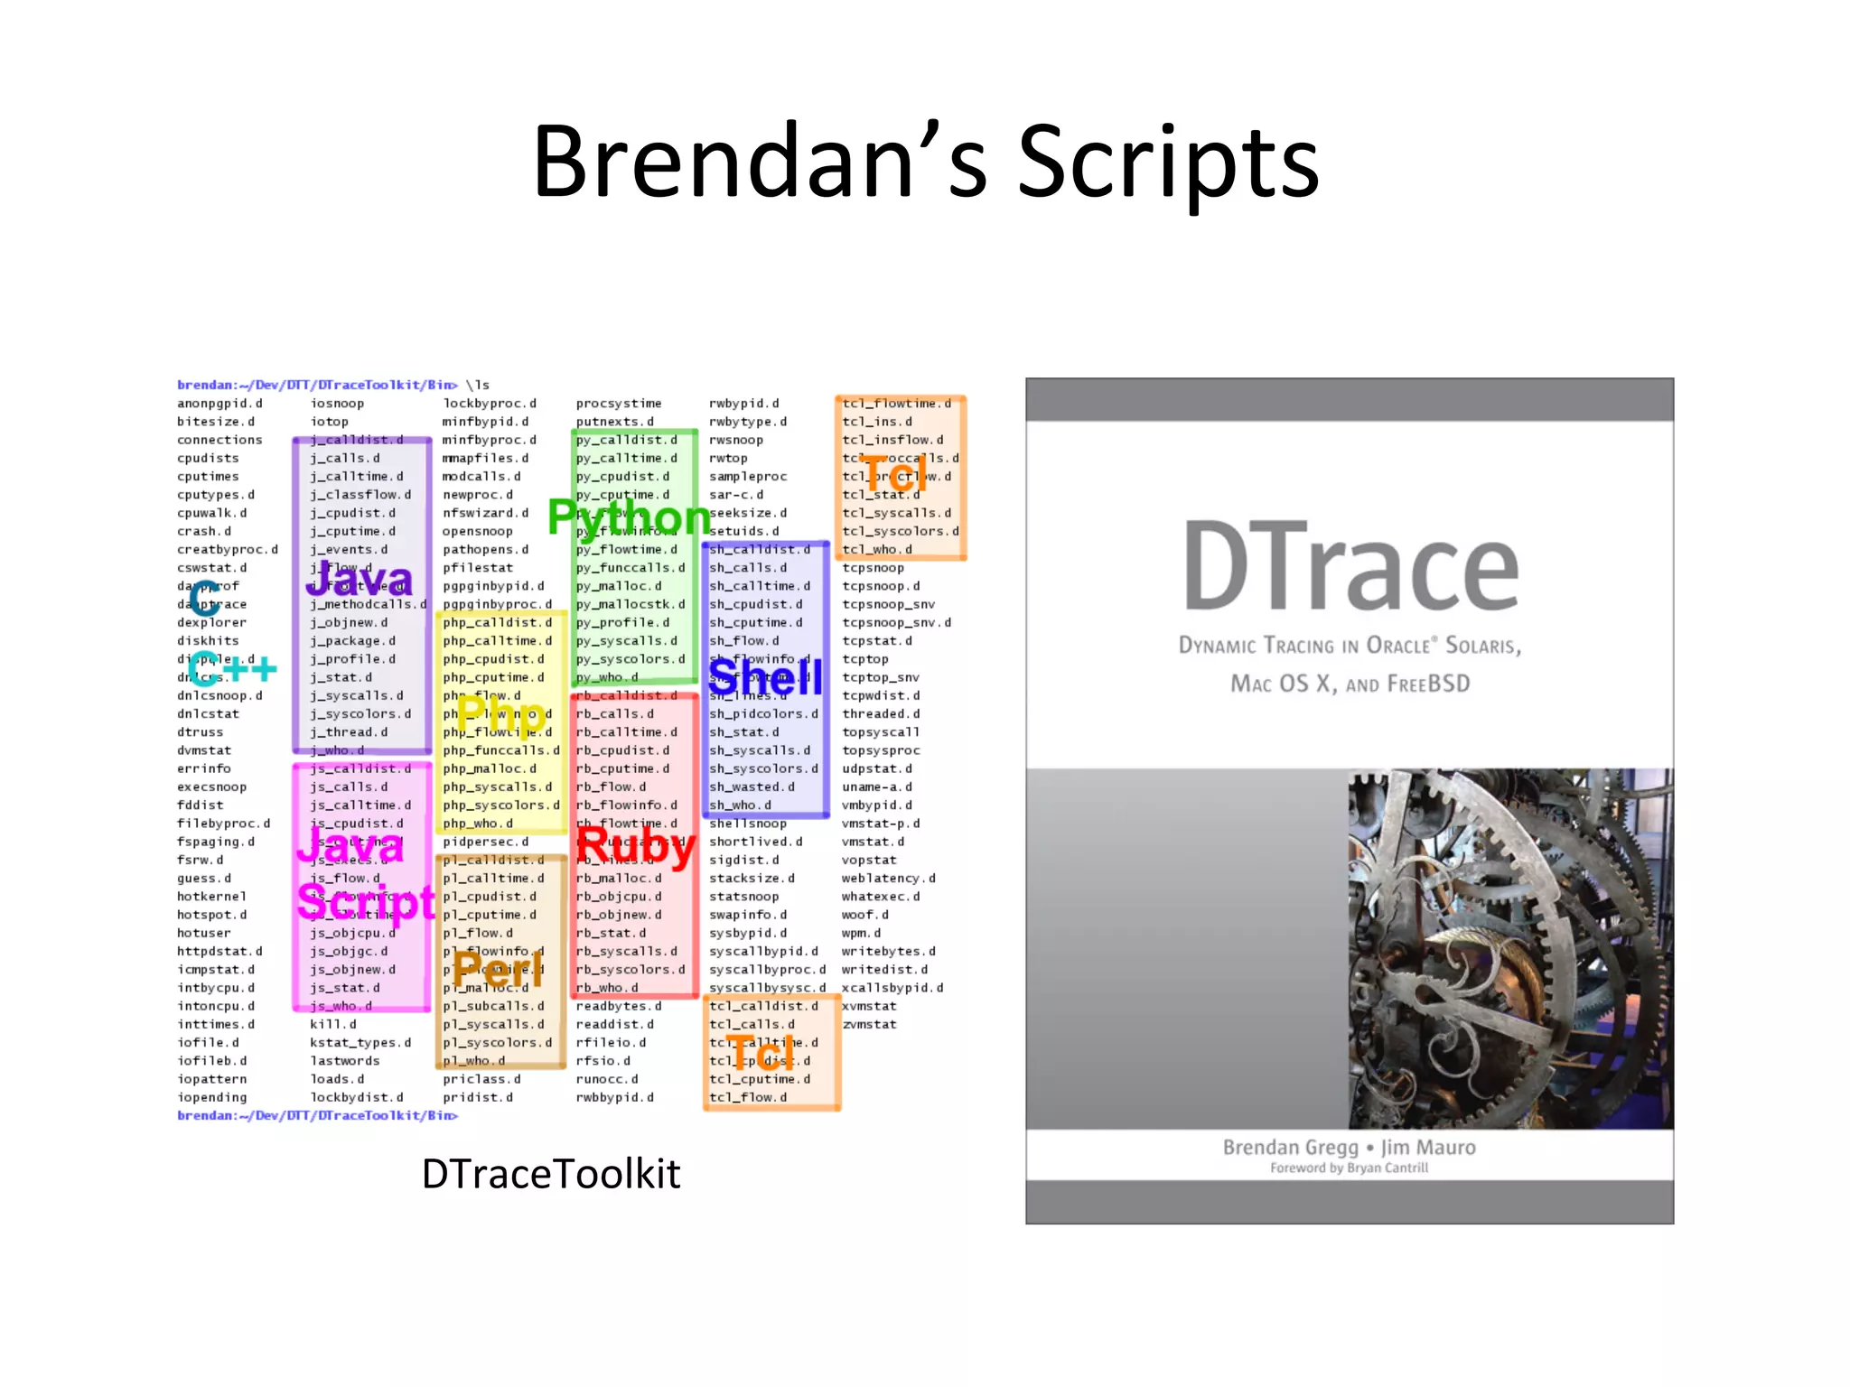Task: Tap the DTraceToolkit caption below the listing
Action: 551,1174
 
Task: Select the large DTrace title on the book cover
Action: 1350,567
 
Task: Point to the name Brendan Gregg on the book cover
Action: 1290,1148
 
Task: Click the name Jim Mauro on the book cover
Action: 1428,1148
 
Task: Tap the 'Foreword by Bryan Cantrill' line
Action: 1349,1168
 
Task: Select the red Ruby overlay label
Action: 635,847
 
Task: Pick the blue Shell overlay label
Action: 765,677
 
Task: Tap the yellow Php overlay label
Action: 500,714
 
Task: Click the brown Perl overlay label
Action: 499,970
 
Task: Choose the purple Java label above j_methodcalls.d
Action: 360,579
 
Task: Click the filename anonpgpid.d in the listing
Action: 220,404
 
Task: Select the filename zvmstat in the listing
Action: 869,1025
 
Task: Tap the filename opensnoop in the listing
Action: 477,532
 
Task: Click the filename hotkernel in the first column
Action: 211,897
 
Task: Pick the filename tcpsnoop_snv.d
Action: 896,623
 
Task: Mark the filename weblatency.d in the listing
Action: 888,879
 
